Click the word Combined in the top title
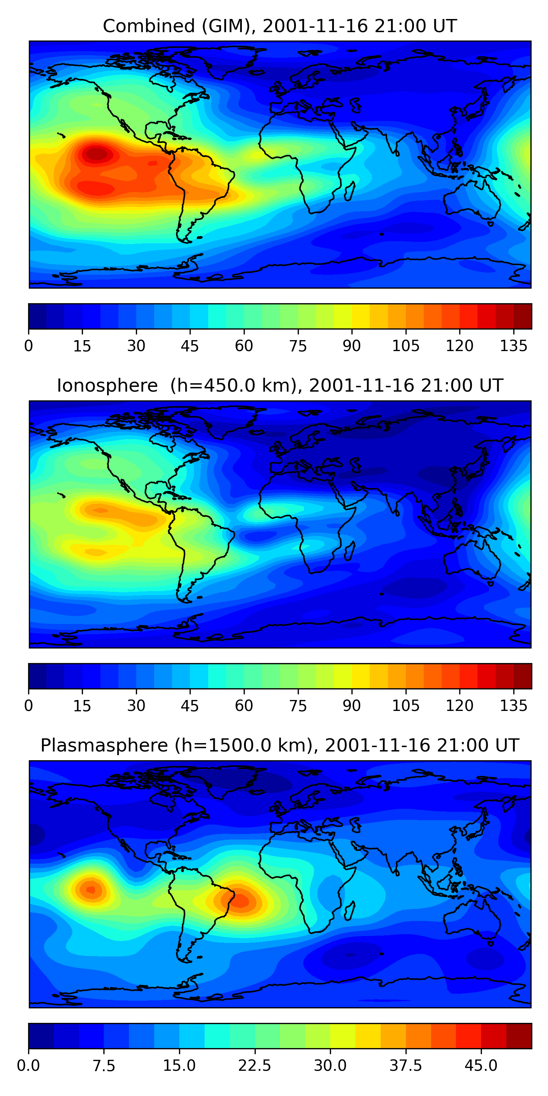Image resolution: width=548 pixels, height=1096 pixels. point(148,26)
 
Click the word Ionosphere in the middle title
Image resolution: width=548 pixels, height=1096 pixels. point(107,386)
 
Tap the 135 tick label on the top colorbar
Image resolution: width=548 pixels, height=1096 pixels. point(513,346)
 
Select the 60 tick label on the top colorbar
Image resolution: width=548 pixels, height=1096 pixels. point(244,346)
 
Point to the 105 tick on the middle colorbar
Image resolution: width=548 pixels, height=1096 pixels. point(406,705)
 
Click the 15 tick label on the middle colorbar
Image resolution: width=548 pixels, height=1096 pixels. point(82,705)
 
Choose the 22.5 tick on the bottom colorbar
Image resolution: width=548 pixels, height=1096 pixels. point(254,1065)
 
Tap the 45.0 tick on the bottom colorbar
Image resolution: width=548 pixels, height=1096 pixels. point(481,1065)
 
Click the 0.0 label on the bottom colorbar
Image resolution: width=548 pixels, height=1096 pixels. point(28,1065)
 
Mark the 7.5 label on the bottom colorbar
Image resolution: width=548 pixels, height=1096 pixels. point(104,1065)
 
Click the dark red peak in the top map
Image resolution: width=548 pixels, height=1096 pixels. point(97,153)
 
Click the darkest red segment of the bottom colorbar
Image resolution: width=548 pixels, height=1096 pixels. point(519,1036)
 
